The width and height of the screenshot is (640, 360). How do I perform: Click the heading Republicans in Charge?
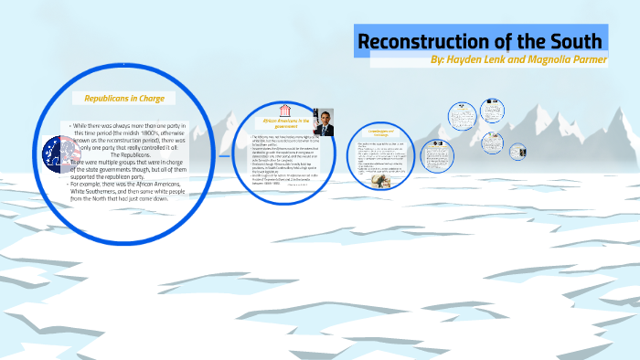tap(123, 97)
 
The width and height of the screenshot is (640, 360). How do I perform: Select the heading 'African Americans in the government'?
tap(286, 122)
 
